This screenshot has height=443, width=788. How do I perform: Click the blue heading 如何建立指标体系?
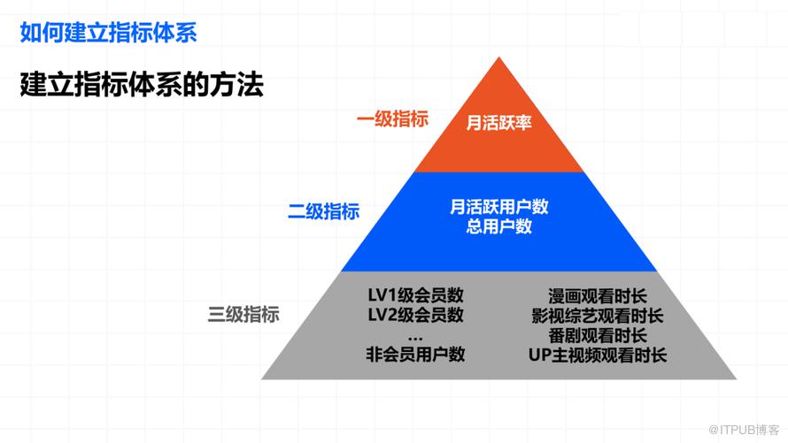point(108,33)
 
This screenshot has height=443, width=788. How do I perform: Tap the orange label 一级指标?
point(392,119)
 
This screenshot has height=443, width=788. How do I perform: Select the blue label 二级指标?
point(323,211)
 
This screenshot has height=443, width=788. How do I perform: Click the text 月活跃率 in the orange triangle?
point(499,123)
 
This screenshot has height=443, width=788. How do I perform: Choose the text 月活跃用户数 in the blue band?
point(499,207)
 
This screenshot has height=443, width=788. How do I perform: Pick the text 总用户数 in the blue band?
point(499,226)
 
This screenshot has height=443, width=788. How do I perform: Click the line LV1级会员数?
point(415,295)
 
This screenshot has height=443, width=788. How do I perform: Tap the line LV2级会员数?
point(415,315)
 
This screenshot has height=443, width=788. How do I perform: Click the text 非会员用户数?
point(415,355)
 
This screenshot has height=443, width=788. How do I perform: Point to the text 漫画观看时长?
point(598,295)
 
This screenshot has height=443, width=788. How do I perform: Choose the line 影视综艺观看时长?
point(598,316)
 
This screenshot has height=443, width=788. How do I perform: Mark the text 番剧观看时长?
point(598,336)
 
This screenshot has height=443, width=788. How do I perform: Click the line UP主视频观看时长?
point(598,355)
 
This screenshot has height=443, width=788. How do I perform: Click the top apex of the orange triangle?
point(499,58)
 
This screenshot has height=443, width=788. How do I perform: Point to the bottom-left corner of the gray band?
point(263,378)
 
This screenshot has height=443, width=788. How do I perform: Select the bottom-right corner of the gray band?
point(736,378)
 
